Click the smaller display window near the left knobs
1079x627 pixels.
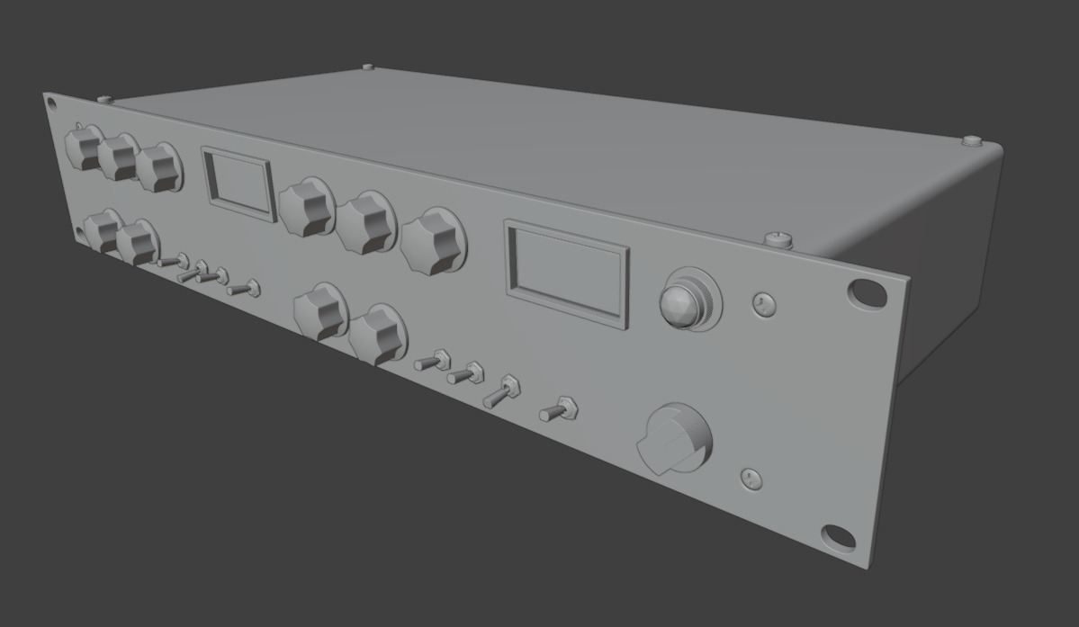(x=238, y=183)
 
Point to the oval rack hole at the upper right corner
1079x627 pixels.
(x=866, y=291)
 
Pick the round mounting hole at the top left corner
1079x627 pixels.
(x=51, y=102)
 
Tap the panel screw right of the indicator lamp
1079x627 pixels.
(x=763, y=304)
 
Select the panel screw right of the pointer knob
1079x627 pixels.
(x=751, y=479)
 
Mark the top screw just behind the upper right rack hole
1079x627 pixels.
(x=778, y=239)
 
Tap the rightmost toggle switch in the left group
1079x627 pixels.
(x=245, y=289)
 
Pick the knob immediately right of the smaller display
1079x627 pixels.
(x=306, y=207)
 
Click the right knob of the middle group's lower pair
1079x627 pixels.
(x=378, y=334)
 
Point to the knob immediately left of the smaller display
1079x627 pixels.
(x=158, y=167)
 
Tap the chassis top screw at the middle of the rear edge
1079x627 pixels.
(x=367, y=67)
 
